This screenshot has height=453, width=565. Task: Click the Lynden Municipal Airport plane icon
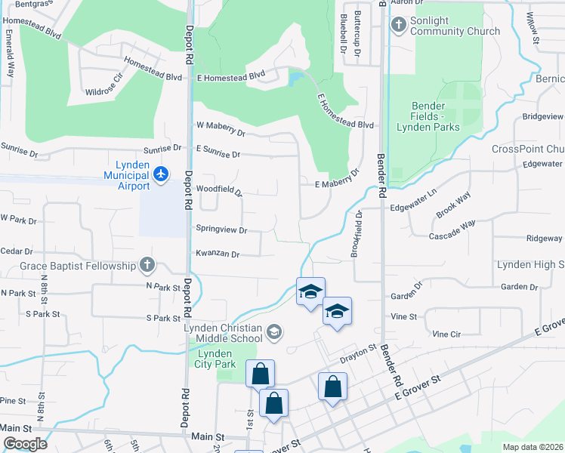[x=160, y=174]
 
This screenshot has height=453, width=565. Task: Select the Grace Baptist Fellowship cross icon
[x=147, y=265]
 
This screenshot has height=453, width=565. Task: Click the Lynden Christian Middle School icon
[x=274, y=331]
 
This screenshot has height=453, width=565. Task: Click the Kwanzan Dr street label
[x=218, y=255]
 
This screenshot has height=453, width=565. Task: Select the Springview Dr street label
[x=221, y=229]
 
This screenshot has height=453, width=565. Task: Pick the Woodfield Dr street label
[x=219, y=190]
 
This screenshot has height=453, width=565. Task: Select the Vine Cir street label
[x=446, y=333]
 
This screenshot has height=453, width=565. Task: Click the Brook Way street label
[x=453, y=205]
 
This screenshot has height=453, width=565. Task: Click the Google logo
[x=24, y=444]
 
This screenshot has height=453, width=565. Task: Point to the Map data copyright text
[x=533, y=447]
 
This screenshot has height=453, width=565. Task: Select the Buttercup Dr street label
[x=358, y=36]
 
